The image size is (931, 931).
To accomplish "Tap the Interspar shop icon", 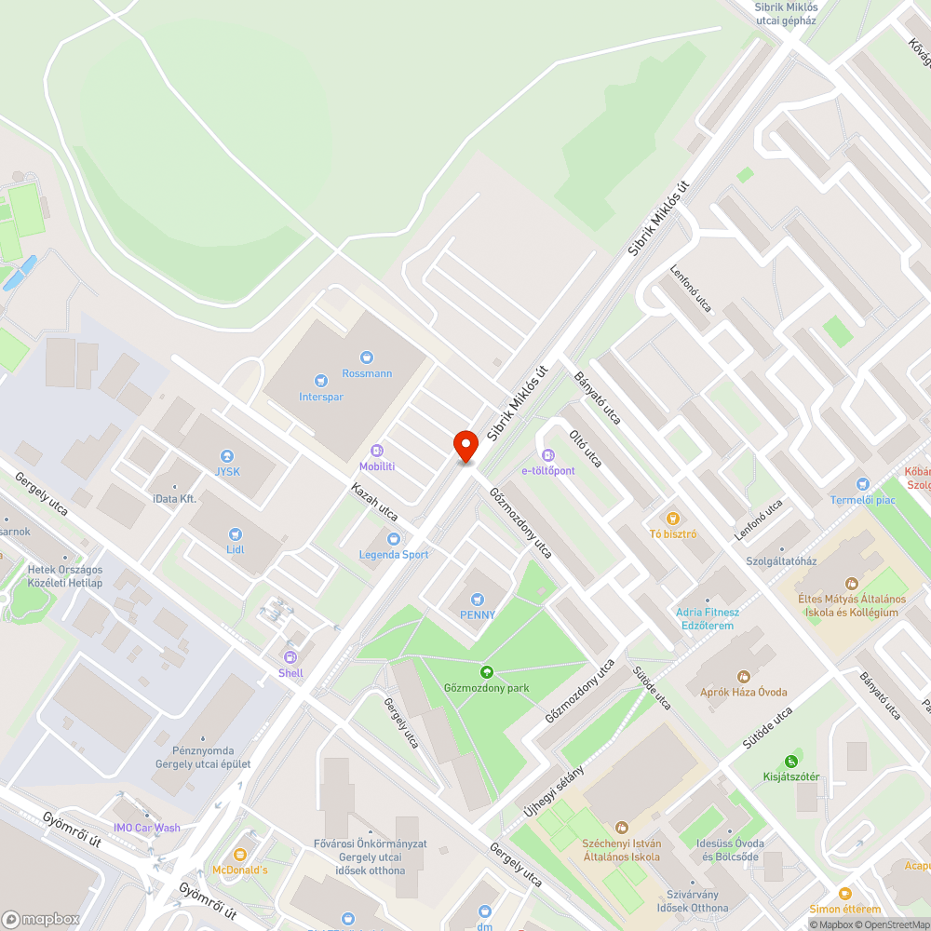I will [x=321, y=380].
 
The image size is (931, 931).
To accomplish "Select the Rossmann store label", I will [x=366, y=373].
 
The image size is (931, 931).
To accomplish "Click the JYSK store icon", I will [x=227, y=456].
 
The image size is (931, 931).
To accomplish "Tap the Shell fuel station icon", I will [x=290, y=657].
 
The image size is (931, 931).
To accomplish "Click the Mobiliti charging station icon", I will [x=377, y=451].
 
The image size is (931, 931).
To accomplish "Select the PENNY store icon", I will [x=478, y=600].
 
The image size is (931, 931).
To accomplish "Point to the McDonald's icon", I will [x=240, y=854].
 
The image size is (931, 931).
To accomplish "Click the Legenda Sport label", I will [x=394, y=554].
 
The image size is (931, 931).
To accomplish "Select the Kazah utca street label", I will [x=374, y=502].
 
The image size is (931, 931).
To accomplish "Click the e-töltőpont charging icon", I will [x=548, y=455].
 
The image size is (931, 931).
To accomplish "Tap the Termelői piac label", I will [x=863, y=500].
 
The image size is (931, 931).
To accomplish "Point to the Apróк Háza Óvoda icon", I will [x=743, y=676].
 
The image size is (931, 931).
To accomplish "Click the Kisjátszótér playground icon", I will [x=791, y=761].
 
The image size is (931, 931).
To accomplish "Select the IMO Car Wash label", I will [x=147, y=828].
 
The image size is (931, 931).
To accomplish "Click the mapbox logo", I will [x=41, y=919].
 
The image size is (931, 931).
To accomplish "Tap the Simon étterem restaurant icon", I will [x=844, y=894].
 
